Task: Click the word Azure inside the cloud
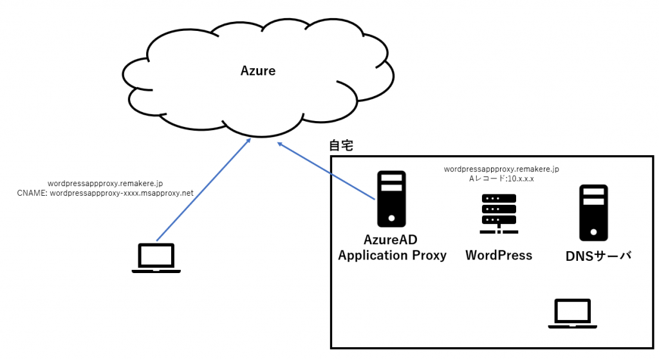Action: (x=257, y=71)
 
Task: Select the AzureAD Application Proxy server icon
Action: (x=391, y=198)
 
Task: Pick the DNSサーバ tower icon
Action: (x=593, y=213)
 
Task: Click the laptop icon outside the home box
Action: (x=156, y=258)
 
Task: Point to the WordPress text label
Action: (x=499, y=255)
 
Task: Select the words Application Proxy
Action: (x=392, y=255)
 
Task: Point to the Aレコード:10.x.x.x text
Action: (x=501, y=178)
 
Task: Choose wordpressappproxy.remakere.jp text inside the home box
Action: (x=501, y=169)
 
